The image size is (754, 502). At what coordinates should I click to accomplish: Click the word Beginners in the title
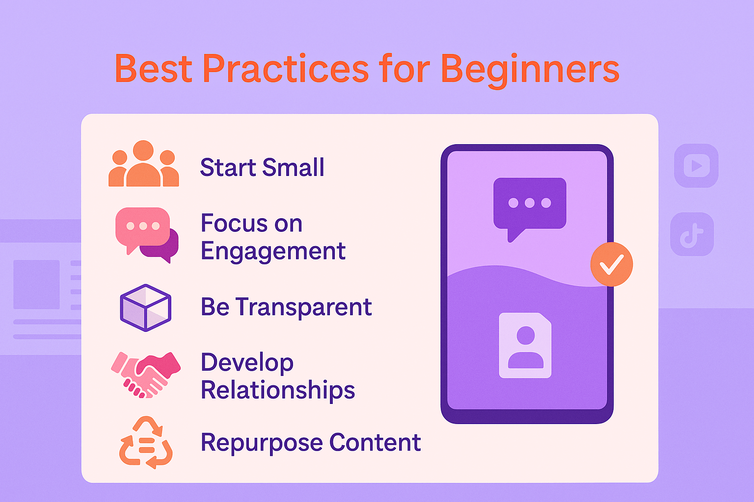point(530,70)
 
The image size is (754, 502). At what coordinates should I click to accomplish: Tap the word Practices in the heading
point(286,68)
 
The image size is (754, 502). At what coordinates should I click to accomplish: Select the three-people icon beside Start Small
point(144,163)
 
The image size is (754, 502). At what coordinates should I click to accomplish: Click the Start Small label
point(262,167)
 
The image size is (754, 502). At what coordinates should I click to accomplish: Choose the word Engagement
point(273,252)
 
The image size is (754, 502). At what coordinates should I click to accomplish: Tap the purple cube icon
point(145,308)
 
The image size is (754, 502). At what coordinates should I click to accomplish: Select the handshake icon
point(145,375)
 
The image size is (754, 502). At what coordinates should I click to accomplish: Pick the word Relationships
point(278,391)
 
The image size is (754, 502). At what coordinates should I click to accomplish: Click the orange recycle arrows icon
point(146,443)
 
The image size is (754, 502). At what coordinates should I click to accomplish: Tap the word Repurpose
point(262,444)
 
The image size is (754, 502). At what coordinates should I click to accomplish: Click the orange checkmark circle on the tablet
point(612,264)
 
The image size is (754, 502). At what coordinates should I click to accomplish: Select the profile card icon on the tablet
point(525,345)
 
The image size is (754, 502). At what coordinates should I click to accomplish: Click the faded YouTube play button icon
point(697,165)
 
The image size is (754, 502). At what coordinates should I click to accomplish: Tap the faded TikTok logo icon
point(692,234)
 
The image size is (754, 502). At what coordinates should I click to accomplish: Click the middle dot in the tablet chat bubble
point(530,203)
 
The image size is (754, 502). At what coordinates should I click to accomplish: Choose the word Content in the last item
point(375,442)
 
